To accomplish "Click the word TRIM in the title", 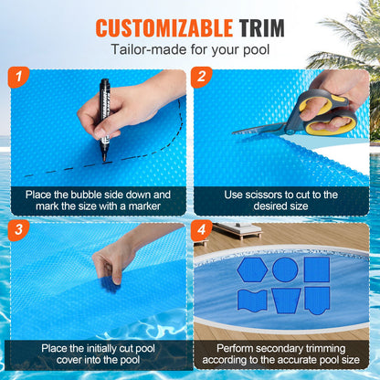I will point(259,27).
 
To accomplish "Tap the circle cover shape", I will point(285,269).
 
